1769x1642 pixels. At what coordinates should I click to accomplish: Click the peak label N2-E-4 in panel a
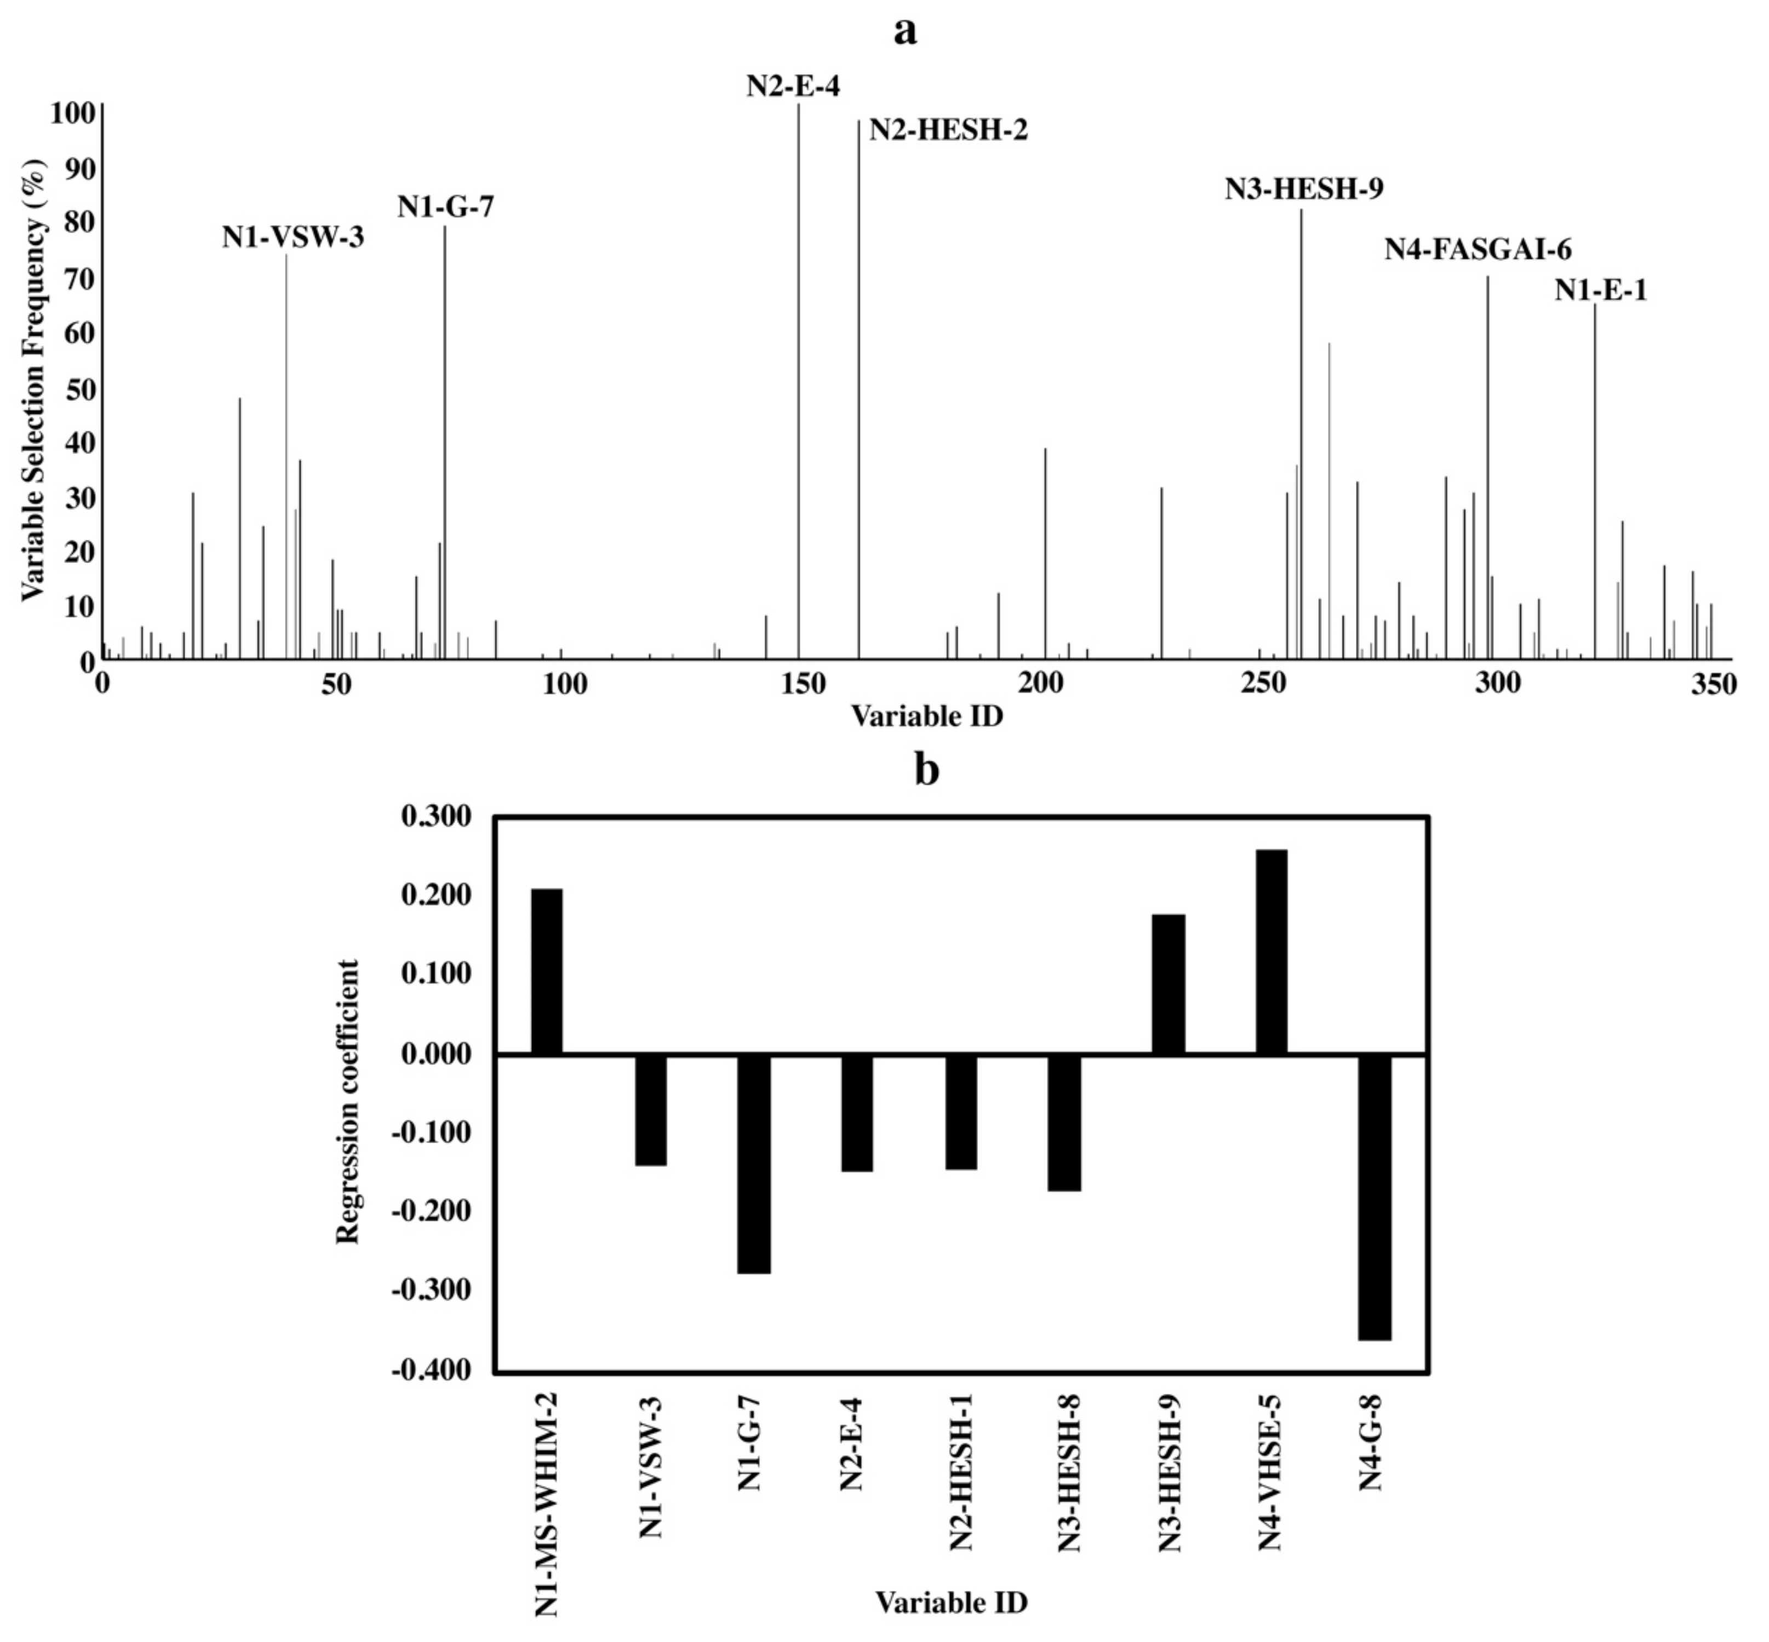[792, 86]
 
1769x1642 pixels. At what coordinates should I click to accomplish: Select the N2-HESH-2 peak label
[948, 130]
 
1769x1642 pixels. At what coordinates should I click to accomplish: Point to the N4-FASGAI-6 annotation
[1478, 250]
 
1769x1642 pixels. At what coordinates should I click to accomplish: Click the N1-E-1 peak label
[1600, 290]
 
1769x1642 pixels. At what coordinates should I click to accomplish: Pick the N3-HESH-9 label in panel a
[1303, 190]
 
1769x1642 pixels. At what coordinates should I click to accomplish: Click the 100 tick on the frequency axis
[72, 114]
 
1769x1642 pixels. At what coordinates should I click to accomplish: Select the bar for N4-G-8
[1375, 1196]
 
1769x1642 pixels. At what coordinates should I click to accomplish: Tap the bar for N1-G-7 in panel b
[754, 1163]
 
